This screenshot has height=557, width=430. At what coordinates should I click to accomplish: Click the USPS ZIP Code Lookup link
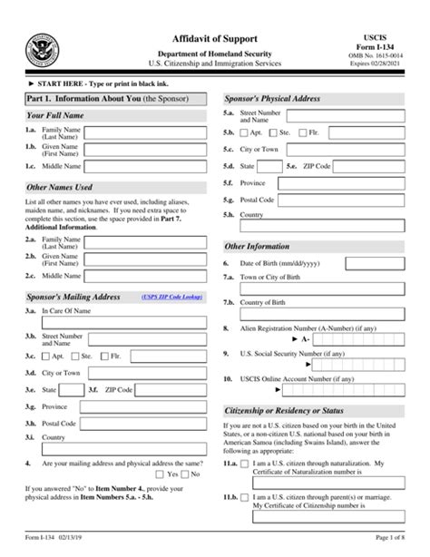[x=170, y=297]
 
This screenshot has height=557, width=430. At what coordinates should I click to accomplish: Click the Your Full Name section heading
[x=55, y=116]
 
